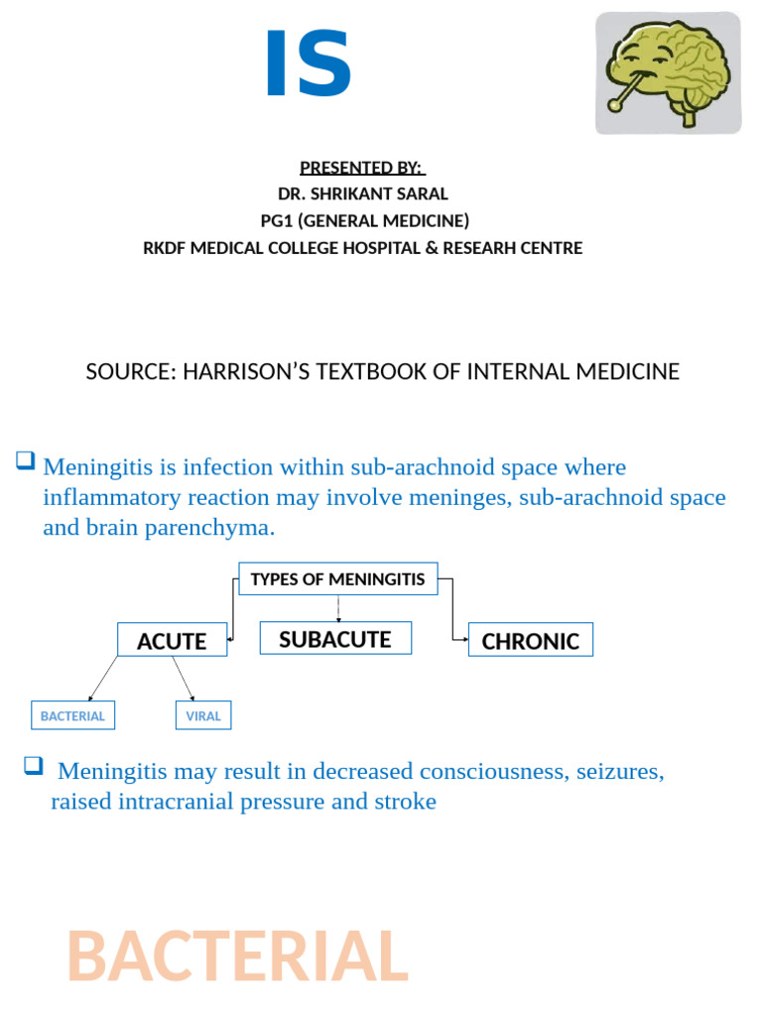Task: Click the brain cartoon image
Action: coord(668,73)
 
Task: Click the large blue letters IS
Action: coord(308,65)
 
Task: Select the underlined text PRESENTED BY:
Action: coord(361,168)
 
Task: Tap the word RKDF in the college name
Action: coord(166,247)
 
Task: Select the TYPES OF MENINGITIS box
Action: coord(337,578)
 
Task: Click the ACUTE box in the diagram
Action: coord(172,641)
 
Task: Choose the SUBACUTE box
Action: coord(335,639)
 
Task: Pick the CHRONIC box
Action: coord(530,641)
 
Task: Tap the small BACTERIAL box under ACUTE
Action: coord(72,715)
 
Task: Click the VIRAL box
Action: coord(203,715)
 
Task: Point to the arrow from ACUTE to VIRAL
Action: coord(185,680)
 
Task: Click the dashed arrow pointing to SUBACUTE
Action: coord(338,608)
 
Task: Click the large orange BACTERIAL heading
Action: coord(237,956)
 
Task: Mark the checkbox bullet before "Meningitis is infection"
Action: coord(25,460)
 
